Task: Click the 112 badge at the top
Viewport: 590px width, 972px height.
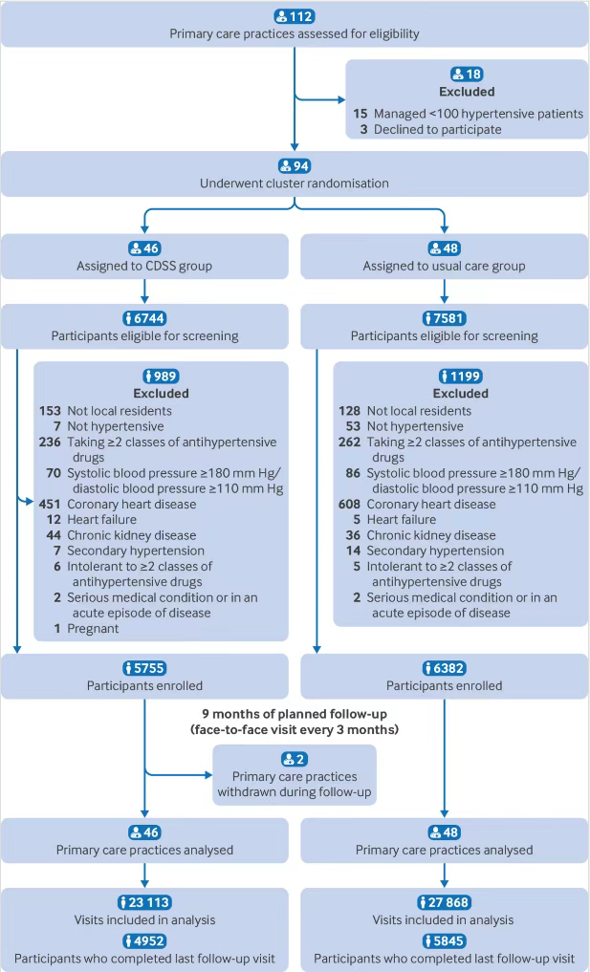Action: (295, 17)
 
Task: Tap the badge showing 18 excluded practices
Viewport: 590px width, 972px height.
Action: (467, 75)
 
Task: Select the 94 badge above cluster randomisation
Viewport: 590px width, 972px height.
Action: (295, 166)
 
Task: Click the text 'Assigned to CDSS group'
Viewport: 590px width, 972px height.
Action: (144, 266)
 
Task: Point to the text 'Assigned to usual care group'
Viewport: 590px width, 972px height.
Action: (445, 266)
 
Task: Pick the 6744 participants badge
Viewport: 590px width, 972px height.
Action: (144, 318)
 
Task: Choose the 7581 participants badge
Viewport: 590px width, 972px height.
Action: (445, 318)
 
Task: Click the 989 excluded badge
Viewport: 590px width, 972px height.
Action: (161, 377)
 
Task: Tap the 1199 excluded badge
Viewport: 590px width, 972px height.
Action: (460, 377)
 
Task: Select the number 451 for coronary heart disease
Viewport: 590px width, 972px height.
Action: (50, 504)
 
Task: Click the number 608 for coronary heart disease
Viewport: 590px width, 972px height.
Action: (349, 504)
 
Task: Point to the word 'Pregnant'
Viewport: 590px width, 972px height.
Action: (93, 629)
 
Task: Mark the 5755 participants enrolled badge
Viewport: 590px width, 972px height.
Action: (144, 668)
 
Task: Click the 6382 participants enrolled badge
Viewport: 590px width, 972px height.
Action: (445, 668)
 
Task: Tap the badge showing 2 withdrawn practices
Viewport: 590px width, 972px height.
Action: (295, 760)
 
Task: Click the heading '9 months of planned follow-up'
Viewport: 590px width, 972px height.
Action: (295, 714)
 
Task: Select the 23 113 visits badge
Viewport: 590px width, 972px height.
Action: (144, 902)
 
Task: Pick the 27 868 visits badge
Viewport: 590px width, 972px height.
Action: (445, 902)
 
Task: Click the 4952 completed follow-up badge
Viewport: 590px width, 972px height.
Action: (144, 941)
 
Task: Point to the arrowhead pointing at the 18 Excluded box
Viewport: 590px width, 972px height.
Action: (341, 99)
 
